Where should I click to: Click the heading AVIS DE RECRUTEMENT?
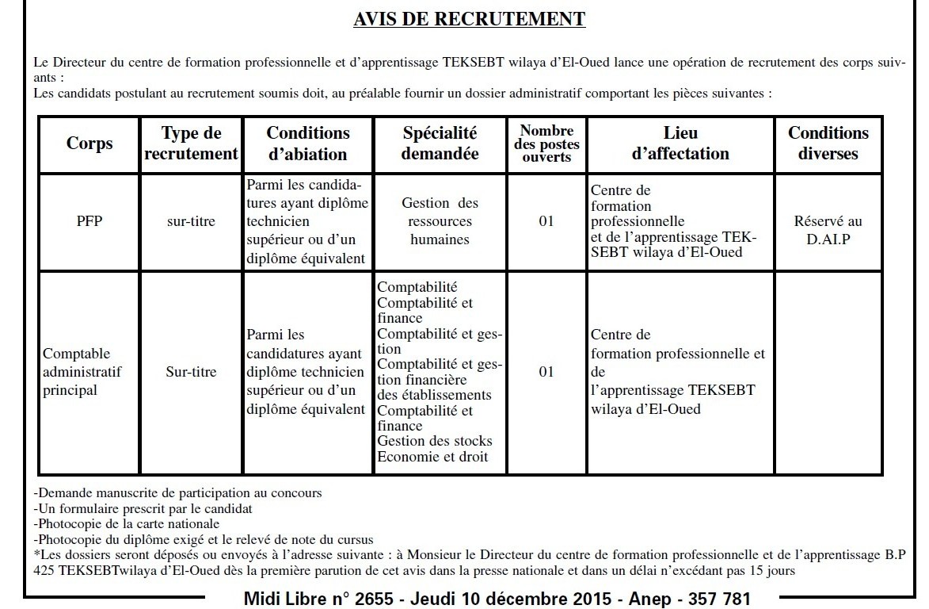[x=469, y=19]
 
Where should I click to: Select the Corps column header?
[x=89, y=144]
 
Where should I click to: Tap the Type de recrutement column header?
[x=191, y=144]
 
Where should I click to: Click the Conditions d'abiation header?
[x=308, y=144]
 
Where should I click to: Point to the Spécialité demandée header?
[x=440, y=144]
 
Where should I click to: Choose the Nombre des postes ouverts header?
[x=546, y=144]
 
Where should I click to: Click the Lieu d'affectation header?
[x=680, y=144]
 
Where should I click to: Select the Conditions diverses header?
[x=828, y=144]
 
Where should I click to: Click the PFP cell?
[x=89, y=221]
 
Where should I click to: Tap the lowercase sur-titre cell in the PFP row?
[x=191, y=221]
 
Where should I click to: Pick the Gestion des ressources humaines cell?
[x=440, y=221]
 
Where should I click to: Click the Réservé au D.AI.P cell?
[x=828, y=230]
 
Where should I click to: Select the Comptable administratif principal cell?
[x=82, y=372]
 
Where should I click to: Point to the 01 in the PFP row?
[x=546, y=221]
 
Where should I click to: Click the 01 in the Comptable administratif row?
[x=546, y=372]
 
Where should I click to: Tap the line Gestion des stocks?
[x=435, y=441]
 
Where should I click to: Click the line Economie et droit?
[x=432, y=457]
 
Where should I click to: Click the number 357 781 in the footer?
[x=715, y=597]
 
